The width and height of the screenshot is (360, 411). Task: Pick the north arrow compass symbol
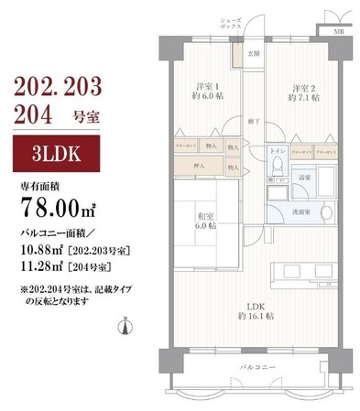[x=125, y=325]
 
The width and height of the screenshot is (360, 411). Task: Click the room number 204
[x=34, y=115]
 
